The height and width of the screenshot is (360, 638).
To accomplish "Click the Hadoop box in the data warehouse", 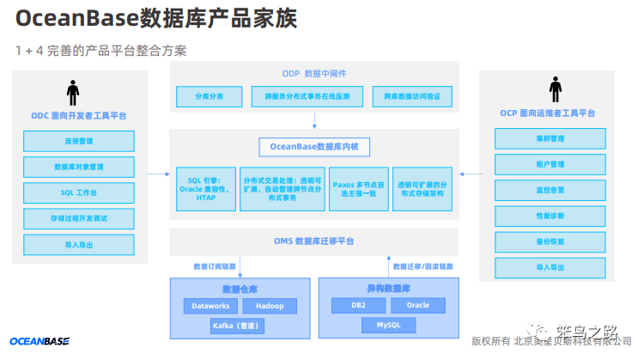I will tap(270, 306).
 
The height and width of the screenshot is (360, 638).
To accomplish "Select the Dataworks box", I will tap(210, 306).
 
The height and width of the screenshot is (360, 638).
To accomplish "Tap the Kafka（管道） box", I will tap(237, 326).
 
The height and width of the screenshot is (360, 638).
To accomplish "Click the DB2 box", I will tap(359, 305).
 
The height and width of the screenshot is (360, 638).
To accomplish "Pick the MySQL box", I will tap(388, 325).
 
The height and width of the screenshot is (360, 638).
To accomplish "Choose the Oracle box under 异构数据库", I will tap(418, 305).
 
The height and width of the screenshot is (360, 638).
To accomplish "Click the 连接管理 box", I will tap(79, 141).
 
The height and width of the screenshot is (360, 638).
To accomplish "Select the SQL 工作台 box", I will tap(79, 192).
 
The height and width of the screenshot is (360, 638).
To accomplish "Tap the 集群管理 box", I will tap(550, 138).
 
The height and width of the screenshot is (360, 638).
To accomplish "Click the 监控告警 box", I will tap(550, 190).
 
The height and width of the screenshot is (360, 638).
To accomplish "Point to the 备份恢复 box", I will tap(550, 241).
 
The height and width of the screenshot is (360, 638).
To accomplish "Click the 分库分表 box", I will tap(208, 96).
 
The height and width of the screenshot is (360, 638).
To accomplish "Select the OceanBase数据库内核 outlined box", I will tap(314, 147).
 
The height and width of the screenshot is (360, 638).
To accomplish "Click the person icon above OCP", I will tap(556, 89).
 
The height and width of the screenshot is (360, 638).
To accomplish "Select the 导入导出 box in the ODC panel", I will tap(79, 244).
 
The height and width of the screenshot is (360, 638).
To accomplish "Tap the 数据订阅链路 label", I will tap(215, 265).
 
